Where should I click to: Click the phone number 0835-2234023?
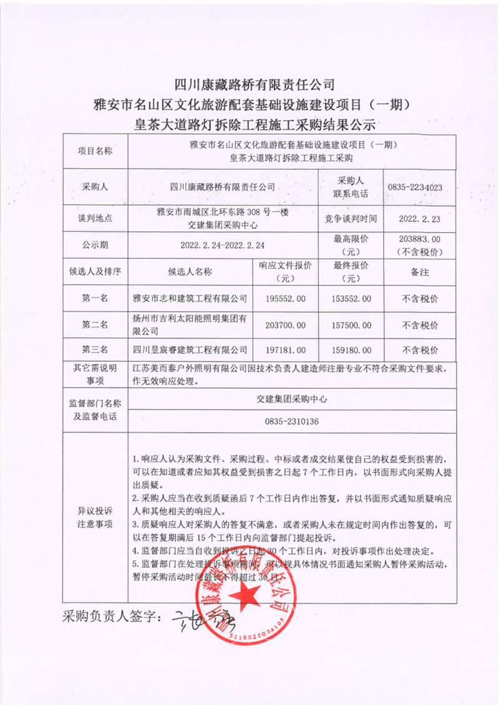[x=415, y=187]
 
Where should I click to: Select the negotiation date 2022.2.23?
[x=419, y=218]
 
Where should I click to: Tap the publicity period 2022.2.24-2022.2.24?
[x=223, y=245]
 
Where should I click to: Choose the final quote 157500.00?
[x=352, y=325]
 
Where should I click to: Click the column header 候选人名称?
[x=190, y=272]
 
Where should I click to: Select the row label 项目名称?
[x=95, y=151]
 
